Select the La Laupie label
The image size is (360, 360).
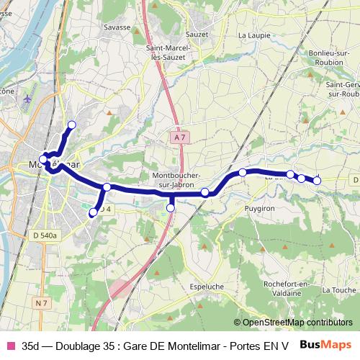[253, 34]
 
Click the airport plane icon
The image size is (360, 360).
[27, 98]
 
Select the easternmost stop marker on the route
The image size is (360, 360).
[317, 181]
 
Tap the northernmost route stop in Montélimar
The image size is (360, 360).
[71, 125]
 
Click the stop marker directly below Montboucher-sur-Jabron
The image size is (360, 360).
[171, 208]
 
